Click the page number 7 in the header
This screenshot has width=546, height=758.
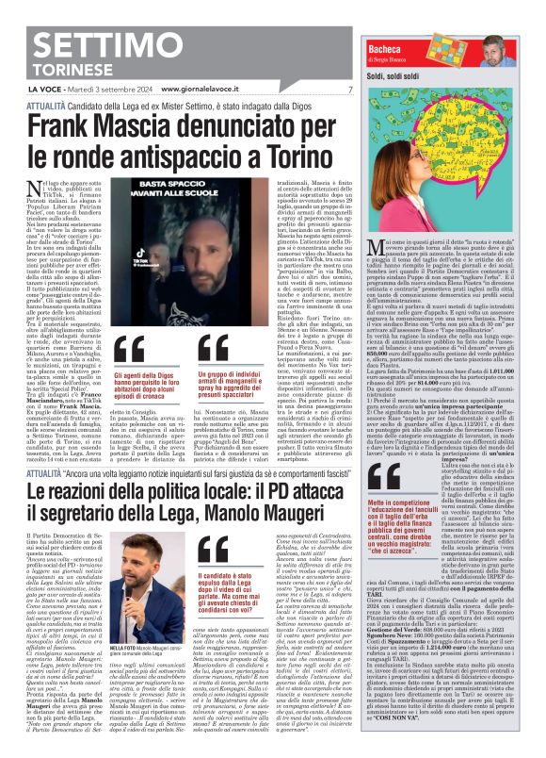349,89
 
